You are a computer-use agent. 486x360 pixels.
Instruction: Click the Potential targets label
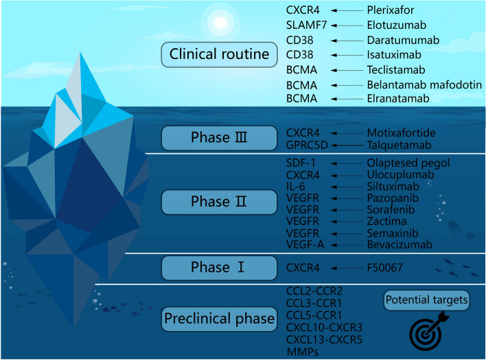point(427,300)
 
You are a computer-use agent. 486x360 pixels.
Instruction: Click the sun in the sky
point(220,22)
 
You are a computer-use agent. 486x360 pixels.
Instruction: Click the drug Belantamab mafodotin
point(424,85)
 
